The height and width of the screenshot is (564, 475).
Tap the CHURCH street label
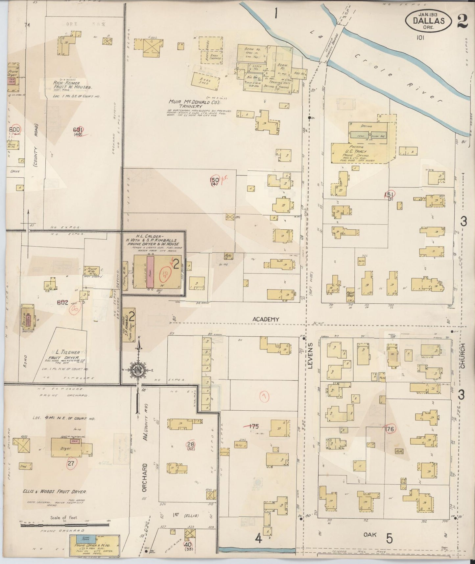[463, 356]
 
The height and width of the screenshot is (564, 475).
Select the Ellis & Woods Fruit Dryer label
[57, 492]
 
